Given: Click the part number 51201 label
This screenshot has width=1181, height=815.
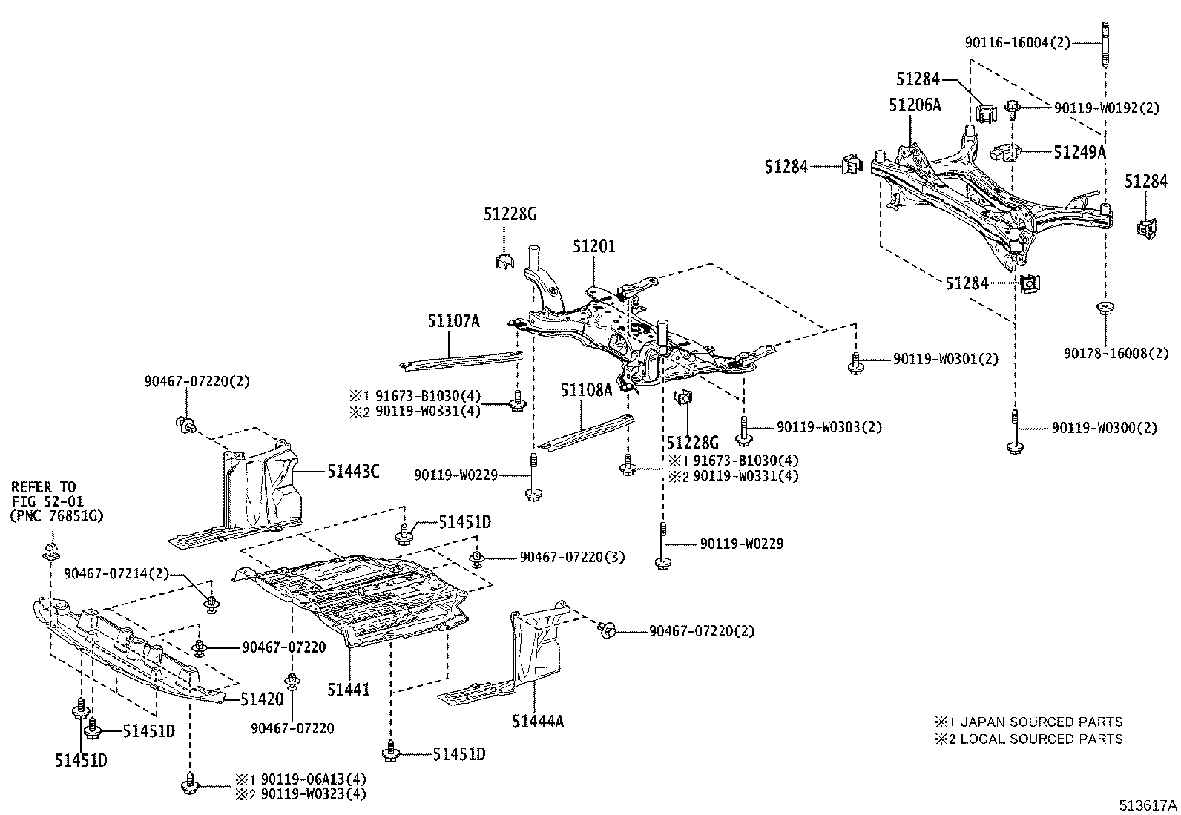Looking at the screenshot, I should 593,245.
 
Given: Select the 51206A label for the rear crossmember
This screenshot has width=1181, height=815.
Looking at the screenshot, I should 915,105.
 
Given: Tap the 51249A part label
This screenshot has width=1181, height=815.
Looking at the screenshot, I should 1079,152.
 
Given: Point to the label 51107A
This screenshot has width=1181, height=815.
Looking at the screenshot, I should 453,321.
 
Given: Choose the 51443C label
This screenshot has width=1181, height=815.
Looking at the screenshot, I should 354,470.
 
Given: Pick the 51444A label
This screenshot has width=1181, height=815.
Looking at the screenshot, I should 537,720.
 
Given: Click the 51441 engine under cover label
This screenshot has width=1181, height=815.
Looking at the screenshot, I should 349,690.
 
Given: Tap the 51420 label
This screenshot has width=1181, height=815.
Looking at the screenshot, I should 262,699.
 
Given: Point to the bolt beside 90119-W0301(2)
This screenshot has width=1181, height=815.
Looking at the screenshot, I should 855,361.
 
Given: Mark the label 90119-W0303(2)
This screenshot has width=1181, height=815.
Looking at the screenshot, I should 829,427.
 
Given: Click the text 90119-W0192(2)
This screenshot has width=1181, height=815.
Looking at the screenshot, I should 1106,108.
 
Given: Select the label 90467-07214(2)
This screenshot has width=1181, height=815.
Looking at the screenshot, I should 116,573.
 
